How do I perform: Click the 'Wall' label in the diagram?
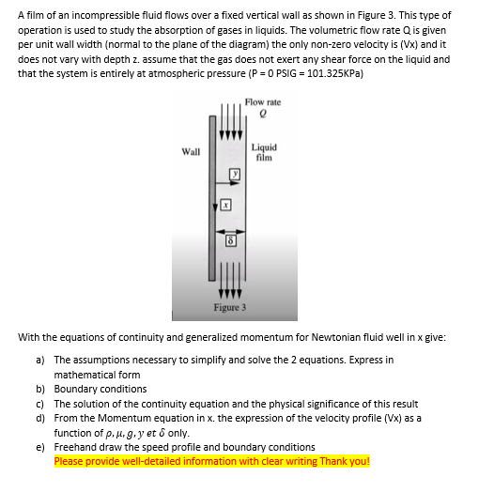(x=191, y=150)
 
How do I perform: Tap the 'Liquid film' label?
(x=265, y=151)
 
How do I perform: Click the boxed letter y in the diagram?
(x=238, y=174)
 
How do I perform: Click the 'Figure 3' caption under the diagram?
(x=229, y=307)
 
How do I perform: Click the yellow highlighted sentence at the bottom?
(x=212, y=461)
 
